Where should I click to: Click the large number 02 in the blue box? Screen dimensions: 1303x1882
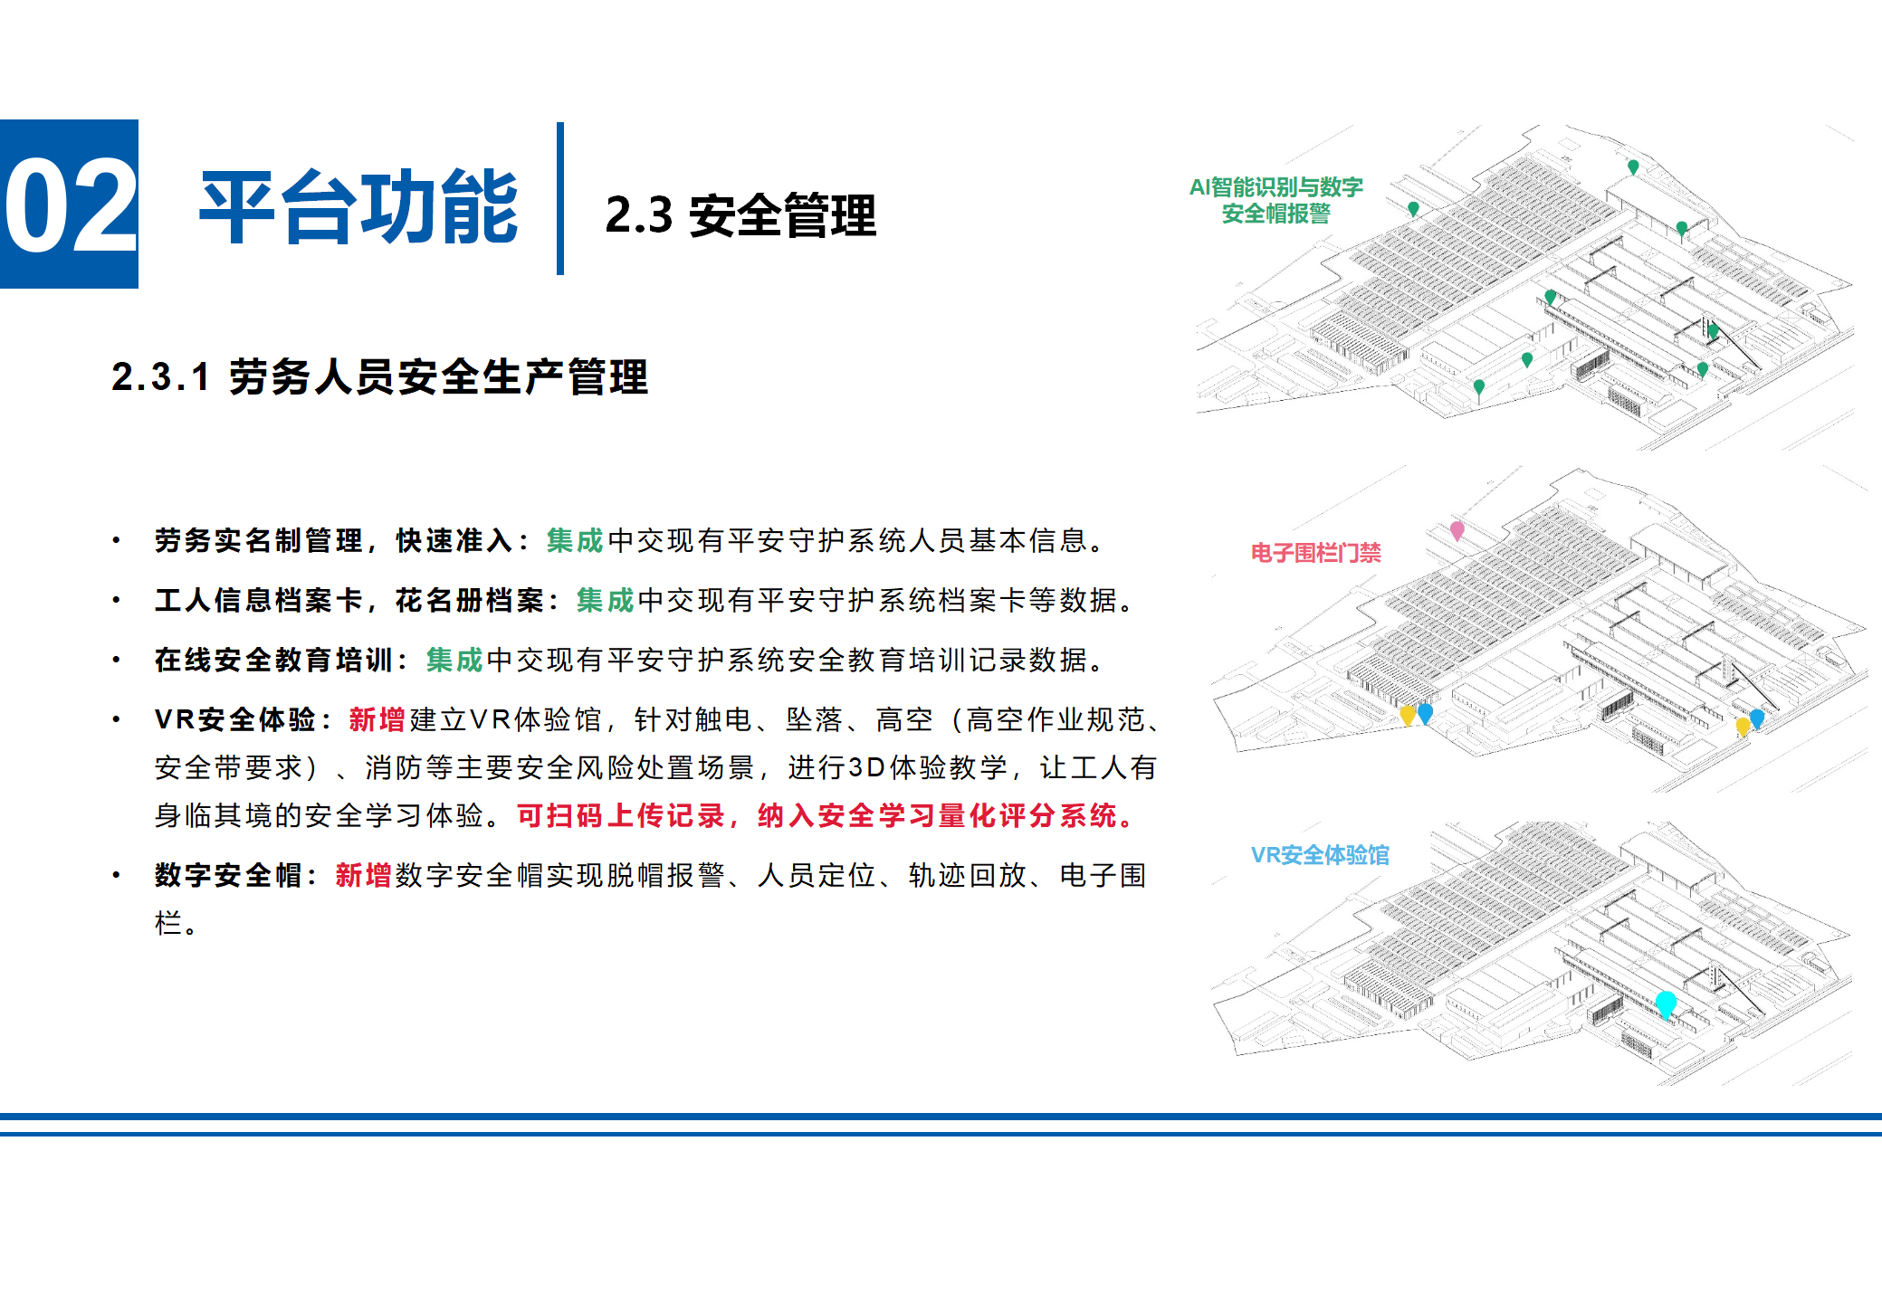[x=69, y=204]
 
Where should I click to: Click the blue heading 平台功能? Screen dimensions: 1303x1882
[x=358, y=207]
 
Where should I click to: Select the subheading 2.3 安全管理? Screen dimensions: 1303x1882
[x=740, y=216]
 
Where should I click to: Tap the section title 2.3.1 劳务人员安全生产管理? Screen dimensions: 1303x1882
[x=379, y=376]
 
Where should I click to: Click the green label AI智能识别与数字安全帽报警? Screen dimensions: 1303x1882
[x=1275, y=200]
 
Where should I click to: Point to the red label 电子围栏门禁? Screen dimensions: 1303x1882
[x=1315, y=552]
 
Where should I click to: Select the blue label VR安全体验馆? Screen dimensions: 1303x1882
[x=1319, y=855]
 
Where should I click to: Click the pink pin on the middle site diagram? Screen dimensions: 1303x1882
[x=1457, y=529]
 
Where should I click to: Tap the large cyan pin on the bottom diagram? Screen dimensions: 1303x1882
[x=1666, y=1003]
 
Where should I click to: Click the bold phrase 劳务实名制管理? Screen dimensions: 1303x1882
[x=259, y=540]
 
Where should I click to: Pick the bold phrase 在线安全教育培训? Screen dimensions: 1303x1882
[x=273, y=660]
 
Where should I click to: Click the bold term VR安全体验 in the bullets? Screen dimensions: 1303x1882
[x=235, y=719]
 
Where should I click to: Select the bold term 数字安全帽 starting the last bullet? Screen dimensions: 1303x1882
[x=228, y=875]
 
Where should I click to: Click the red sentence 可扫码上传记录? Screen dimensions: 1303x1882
[x=621, y=815]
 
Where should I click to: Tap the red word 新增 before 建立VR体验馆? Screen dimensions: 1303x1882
[x=377, y=719]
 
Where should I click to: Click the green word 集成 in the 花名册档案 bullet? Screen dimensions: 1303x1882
[x=605, y=600]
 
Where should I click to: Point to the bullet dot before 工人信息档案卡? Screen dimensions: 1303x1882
[x=116, y=600]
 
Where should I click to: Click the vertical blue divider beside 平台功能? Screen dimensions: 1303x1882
[x=560, y=198]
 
